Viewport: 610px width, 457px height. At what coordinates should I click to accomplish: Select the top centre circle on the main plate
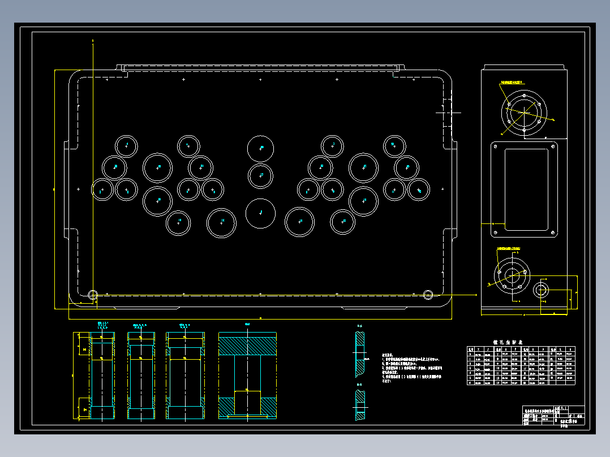coord(260,149)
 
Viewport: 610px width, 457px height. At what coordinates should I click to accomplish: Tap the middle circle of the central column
coord(260,175)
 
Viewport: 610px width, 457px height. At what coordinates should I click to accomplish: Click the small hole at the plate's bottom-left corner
coord(93,294)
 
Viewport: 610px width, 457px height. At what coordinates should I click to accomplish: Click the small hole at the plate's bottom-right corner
coord(428,294)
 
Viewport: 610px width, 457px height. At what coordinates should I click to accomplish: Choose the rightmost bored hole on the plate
coord(419,189)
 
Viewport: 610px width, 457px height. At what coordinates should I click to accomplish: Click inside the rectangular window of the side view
coord(526,189)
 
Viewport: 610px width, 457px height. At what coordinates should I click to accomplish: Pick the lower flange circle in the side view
coord(512,276)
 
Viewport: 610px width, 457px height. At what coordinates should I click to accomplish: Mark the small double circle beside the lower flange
coord(540,290)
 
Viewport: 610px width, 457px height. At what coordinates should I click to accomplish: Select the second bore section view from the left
coord(141,376)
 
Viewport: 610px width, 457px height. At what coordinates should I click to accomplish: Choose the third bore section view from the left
coord(185,376)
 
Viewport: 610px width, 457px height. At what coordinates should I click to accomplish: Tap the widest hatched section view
coord(247,376)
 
